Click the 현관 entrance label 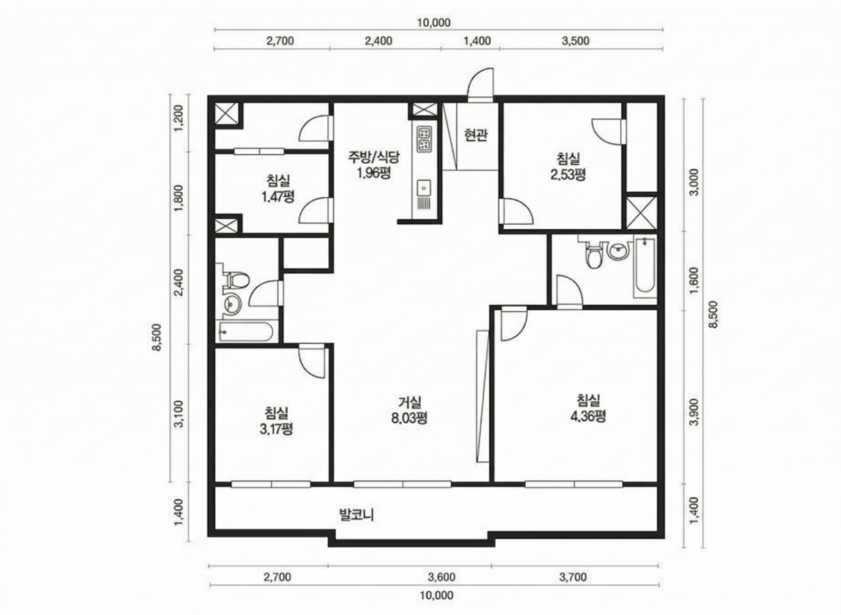click(476, 135)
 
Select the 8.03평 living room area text click(409, 418)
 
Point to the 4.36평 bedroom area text click(588, 416)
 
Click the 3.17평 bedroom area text click(276, 429)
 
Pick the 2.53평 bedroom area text click(568, 174)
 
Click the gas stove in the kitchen click(424, 139)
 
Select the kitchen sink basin click(424, 187)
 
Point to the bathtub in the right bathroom click(645, 266)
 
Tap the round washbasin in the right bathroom click(618, 251)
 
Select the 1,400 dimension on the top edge click(477, 41)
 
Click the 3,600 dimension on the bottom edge click(442, 576)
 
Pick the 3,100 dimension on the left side click(179, 414)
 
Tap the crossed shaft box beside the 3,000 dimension click(642, 213)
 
